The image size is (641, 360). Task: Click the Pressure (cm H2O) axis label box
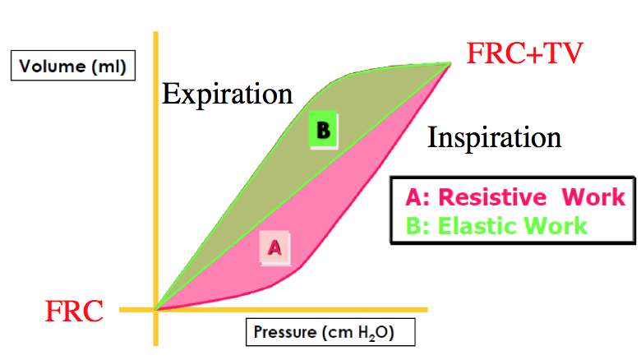(x=329, y=333)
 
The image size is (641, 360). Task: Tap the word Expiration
(x=227, y=94)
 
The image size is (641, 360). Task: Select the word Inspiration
(x=494, y=136)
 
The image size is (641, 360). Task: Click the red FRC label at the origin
(x=74, y=312)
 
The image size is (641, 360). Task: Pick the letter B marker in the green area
(x=323, y=130)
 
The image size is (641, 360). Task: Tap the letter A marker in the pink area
(x=275, y=246)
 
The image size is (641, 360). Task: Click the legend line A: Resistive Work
(x=514, y=197)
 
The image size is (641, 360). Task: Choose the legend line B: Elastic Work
(x=496, y=225)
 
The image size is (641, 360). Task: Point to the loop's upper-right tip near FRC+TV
(x=450, y=62)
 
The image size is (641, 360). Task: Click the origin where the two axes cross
(x=155, y=310)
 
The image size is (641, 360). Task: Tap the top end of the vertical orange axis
(x=154, y=35)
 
